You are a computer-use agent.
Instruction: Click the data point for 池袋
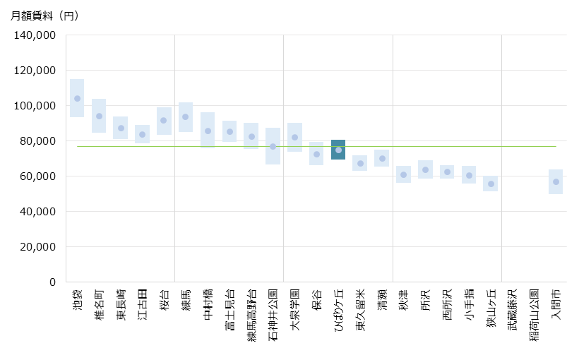click(77, 98)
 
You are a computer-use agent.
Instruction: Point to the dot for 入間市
click(556, 181)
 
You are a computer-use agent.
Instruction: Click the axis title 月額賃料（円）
click(45, 16)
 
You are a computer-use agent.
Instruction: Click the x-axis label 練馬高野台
click(251, 315)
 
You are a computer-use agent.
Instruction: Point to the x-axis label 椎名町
click(99, 303)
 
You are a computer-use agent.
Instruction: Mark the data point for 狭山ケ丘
click(491, 184)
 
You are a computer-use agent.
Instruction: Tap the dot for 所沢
click(425, 169)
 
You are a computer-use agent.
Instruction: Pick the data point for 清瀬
click(382, 158)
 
